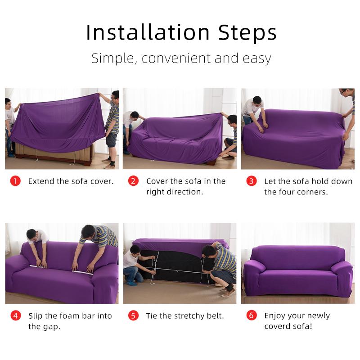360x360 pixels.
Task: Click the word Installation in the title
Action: (148, 32)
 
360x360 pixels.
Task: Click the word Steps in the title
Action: (247, 32)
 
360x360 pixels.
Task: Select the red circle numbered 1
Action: (15, 181)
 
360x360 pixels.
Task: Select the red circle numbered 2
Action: (133, 181)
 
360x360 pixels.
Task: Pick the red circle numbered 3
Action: (252, 181)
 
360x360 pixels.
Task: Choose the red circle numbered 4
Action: (15, 315)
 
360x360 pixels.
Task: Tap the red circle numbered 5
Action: (133, 315)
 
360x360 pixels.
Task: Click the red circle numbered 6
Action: (252, 315)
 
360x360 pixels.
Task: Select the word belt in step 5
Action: (215, 316)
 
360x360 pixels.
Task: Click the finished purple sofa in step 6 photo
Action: (297, 270)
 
